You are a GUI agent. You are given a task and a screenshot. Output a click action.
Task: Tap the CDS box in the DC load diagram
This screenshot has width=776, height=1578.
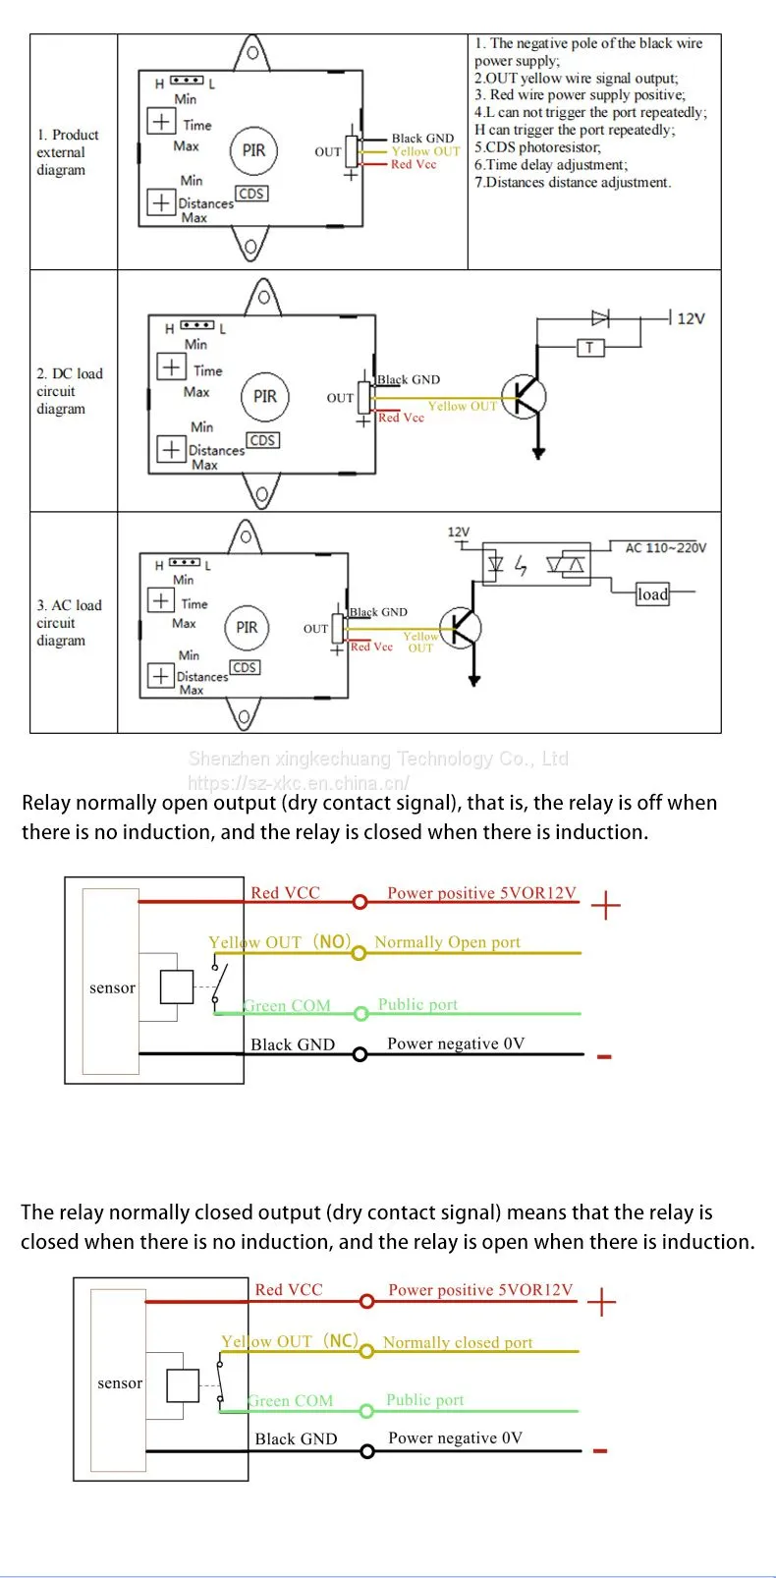point(262,440)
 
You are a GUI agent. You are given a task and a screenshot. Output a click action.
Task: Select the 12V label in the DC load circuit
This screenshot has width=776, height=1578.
point(691,318)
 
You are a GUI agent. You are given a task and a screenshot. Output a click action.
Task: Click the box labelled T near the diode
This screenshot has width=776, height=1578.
point(590,347)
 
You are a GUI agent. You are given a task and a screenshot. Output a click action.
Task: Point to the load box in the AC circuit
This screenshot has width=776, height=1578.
point(652,593)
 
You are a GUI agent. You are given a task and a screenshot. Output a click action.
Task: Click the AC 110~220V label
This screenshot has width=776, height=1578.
point(665,548)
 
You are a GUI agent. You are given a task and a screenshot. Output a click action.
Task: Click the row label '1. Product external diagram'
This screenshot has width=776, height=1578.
point(68,152)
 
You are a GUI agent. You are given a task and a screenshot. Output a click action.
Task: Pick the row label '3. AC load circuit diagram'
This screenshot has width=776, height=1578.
point(69,623)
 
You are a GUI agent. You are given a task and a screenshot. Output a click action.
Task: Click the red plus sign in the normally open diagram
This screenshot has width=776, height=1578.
point(606,905)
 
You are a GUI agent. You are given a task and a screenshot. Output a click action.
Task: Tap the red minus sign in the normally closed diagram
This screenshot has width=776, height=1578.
point(600,1451)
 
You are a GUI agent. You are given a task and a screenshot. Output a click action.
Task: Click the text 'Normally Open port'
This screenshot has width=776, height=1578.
point(447,942)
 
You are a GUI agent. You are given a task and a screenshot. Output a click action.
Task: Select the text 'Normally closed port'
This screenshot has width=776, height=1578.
point(458,1343)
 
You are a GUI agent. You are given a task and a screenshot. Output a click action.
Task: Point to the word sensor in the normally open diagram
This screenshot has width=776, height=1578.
point(112,987)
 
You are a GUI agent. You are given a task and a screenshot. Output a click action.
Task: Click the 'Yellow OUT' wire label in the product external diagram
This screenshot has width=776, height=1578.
point(425,151)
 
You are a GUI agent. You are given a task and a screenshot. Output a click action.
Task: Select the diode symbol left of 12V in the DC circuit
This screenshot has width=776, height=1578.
point(600,318)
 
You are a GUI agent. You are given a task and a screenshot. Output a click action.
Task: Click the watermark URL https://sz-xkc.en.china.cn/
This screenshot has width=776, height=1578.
point(299,783)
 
